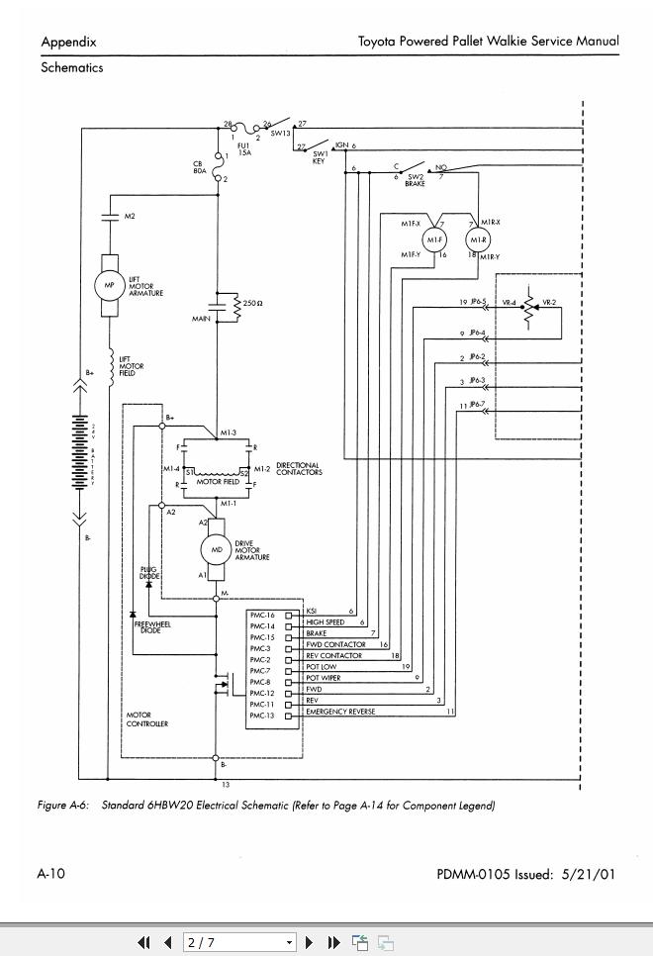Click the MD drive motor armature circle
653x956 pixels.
click(x=217, y=548)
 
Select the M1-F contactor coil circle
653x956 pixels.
click(x=434, y=240)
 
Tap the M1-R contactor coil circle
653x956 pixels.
click(x=479, y=240)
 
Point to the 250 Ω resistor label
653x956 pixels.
click(x=252, y=303)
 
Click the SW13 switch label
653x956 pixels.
click(x=280, y=134)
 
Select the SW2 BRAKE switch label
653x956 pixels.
click(x=416, y=180)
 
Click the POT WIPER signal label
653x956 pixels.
click(x=324, y=679)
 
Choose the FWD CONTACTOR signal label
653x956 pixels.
click(x=335, y=645)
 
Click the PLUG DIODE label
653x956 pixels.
click(x=148, y=573)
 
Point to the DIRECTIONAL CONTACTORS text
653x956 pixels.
click(x=298, y=468)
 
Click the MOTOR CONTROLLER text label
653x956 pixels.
click(x=146, y=719)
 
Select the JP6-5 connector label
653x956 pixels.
click(x=477, y=302)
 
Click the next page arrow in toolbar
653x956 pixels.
click(x=310, y=943)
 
